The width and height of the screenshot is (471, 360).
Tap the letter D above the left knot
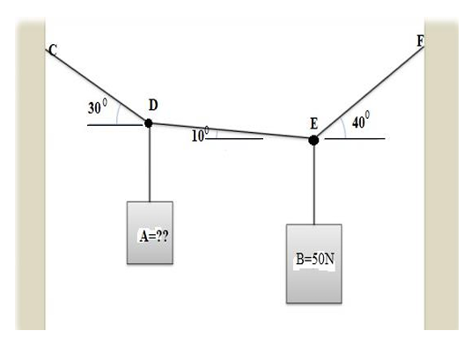153,105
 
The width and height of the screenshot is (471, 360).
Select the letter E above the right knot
313,122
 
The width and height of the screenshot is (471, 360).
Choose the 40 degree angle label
361,122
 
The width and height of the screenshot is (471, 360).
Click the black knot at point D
149,123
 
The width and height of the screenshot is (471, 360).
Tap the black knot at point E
313,139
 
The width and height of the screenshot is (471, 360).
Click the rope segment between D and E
231,131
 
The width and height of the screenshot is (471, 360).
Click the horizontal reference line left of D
114,125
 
